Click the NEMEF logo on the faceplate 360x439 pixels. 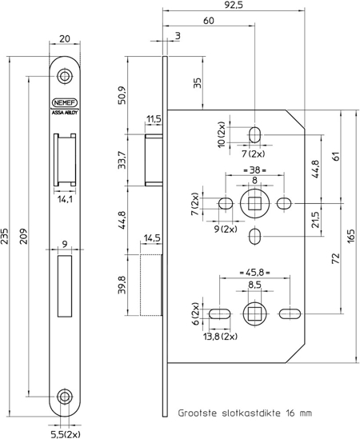[65, 102]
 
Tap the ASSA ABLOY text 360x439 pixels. [65, 114]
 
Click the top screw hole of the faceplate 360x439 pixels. [65, 76]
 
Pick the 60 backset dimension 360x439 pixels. [208, 21]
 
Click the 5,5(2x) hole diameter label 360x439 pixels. [65, 433]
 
